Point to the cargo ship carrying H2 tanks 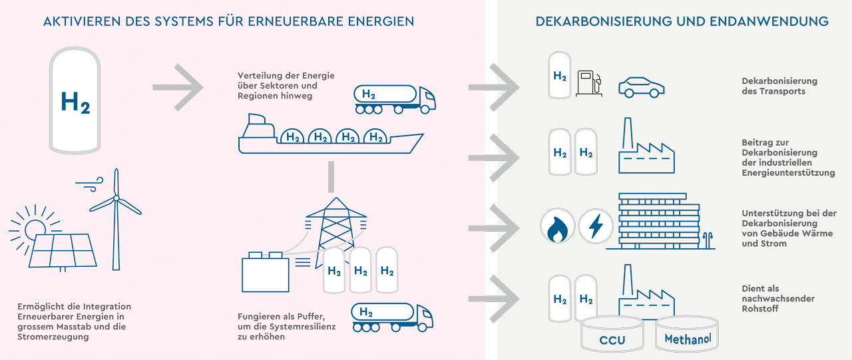click(x=329, y=136)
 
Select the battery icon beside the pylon click(x=265, y=273)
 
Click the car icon click(x=641, y=87)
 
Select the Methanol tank click(x=688, y=336)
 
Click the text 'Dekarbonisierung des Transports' click(x=779, y=86)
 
